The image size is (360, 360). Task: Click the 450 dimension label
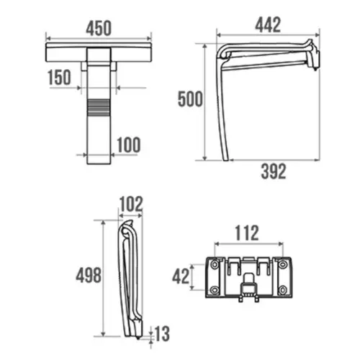tap(99, 28)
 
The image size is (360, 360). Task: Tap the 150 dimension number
tap(59, 77)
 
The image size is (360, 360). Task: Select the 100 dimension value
tap(129, 145)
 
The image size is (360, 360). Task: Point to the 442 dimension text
tap(268, 24)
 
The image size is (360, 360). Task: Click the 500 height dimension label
tap(190, 99)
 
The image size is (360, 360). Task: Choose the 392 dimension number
tap(274, 171)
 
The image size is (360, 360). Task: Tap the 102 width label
tap(131, 204)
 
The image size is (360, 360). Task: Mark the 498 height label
tap(89, 275)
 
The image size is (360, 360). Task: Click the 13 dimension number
tap(162, 333)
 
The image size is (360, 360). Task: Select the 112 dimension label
tap(247, 233)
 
